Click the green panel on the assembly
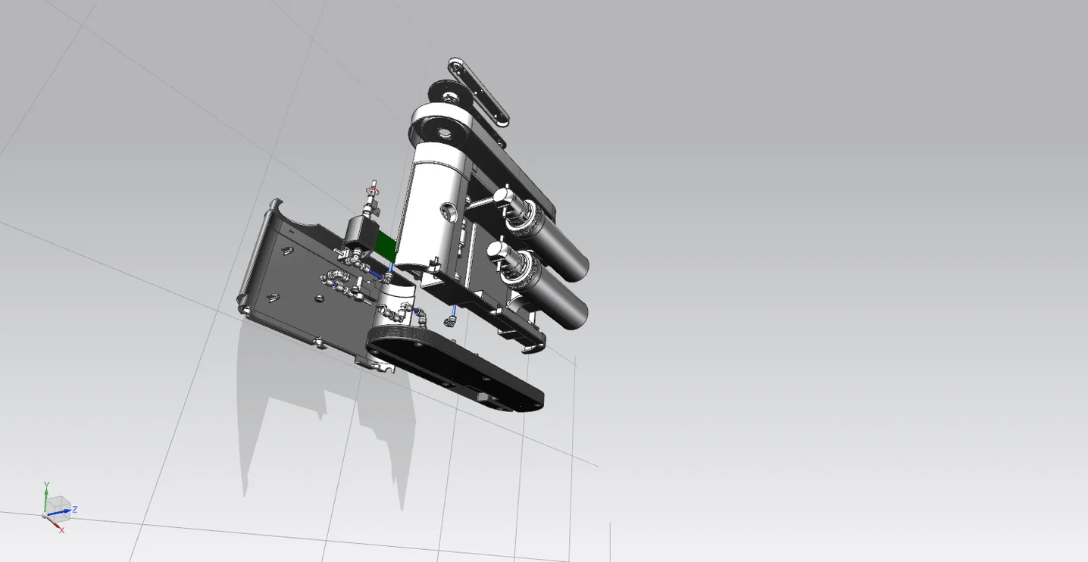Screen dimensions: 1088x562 (x=386, y=246)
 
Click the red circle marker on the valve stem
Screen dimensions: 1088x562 (x=373, y=189)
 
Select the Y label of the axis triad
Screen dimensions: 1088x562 (x=46, y=485)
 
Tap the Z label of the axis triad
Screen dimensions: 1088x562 (x=75, y=510)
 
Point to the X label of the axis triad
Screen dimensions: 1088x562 (x=61, y=530)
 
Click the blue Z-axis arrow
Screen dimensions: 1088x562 (x=58, y=512)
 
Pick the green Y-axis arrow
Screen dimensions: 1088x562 (x=46, y=501)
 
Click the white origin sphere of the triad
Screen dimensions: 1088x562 (x=45, y=515)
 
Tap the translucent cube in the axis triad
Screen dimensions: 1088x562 (x=58, y=508)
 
